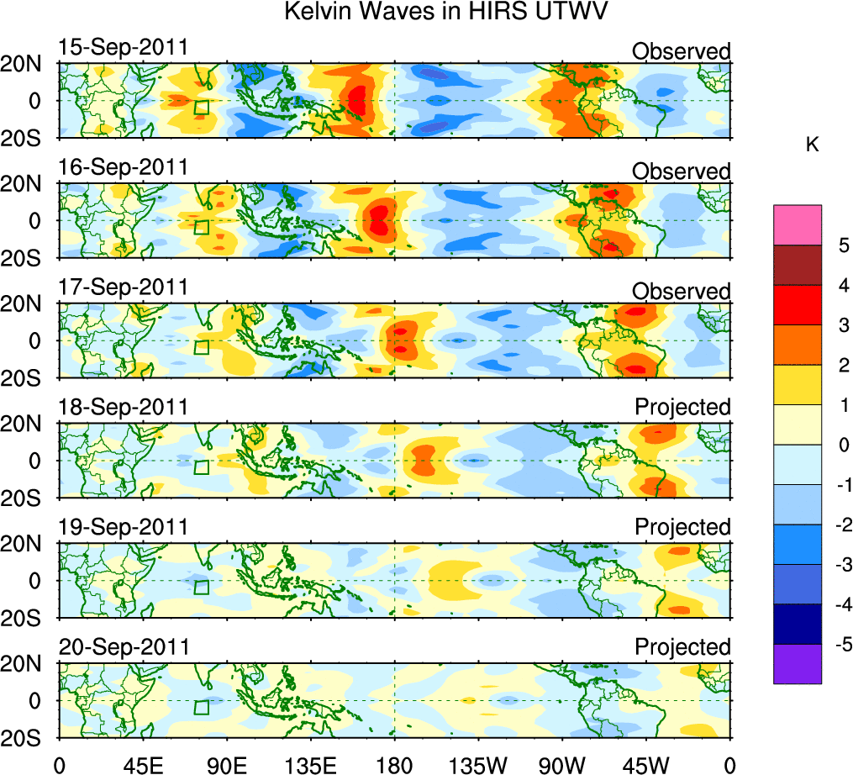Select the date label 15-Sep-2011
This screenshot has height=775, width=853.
point(124,47)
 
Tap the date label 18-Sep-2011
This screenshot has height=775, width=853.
point(124,408)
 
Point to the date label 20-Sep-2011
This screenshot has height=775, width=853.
point(124,647)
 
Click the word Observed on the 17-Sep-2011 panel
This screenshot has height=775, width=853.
point(682,292)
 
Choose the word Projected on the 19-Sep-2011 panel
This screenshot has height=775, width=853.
point(682,528)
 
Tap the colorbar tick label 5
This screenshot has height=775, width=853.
point(842,245)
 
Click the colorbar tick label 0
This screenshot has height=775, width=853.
point(842,445)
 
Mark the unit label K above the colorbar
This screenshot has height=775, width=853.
point(813,145)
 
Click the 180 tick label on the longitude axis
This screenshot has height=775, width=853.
point(395,765)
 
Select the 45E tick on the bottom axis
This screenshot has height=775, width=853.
point(142,765)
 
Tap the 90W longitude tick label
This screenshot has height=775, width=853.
point(561,765)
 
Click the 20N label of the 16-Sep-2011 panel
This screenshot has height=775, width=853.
point(29,184)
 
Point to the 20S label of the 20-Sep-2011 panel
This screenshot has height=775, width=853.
point(29,737)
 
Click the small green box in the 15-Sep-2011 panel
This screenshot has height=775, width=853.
point(201,107)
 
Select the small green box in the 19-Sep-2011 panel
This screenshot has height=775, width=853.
point(201,587)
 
